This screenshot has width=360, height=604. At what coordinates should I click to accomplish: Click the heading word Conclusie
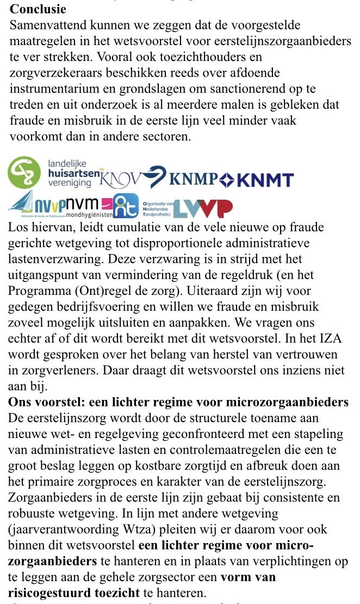click(38, 9)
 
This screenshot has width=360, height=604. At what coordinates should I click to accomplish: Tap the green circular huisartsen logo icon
click(24, 172)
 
